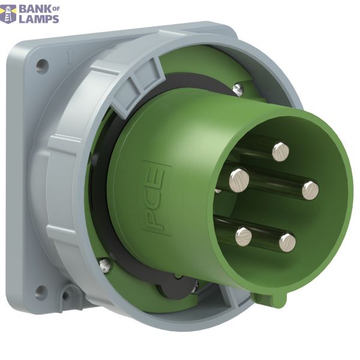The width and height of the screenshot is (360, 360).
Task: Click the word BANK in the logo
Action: click(35, 9)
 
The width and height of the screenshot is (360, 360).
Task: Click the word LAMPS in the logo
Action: click(39, 19)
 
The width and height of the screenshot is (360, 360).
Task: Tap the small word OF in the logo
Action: click(56, 9)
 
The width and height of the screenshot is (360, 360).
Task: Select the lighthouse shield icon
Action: click(8, 14)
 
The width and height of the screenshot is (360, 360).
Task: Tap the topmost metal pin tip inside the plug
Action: click(281, 152)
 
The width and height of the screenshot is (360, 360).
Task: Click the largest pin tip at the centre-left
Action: click(239, 181)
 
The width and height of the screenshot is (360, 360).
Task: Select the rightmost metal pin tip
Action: click(310, 191)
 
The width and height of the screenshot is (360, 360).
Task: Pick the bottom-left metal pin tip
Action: click(244, 237)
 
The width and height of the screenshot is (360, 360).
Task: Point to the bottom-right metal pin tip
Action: click(287, 242)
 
